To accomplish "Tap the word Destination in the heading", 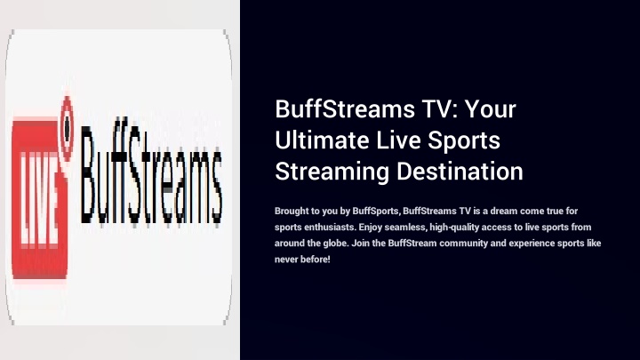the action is pyautogui.click(x=460, y=171).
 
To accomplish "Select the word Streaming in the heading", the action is pyautogui.click(x=332, y=172).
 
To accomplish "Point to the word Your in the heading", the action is pyautogui.click(x=491, y=109).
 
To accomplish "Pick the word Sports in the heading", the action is pyautogui.click(x=464, y=140).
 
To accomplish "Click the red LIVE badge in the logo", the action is pyautogui.click(x=39, y=199).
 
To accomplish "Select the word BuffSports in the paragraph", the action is pyautogui.click(x=375, y=211).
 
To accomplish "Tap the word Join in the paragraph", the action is pyautogui.click(x=359, y=244).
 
